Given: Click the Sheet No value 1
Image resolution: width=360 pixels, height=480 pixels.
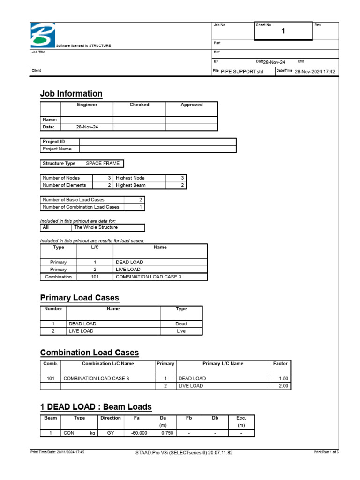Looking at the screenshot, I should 283,31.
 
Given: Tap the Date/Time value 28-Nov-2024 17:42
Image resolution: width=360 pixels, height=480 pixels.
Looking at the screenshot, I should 315,71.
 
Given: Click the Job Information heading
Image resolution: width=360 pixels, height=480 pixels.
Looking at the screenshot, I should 71,94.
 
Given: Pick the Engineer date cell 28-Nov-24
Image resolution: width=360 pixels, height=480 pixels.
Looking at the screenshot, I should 87,127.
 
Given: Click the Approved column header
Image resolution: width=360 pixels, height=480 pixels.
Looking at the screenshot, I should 191,105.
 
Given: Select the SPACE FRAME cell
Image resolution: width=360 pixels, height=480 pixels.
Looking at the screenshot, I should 103,164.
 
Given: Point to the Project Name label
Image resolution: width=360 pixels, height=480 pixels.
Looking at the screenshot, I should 57,149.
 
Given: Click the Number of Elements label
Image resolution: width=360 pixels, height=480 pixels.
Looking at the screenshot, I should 64,185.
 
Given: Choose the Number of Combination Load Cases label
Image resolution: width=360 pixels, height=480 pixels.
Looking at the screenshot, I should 81,207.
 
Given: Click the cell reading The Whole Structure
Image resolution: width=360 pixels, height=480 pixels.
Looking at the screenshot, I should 95,227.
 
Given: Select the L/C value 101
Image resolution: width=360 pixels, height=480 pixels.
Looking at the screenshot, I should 95,277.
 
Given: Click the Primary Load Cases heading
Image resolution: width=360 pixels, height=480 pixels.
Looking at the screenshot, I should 80,298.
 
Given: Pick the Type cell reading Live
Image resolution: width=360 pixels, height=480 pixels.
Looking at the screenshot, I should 181,331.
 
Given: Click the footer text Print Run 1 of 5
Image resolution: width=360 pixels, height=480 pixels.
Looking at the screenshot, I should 326,452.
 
